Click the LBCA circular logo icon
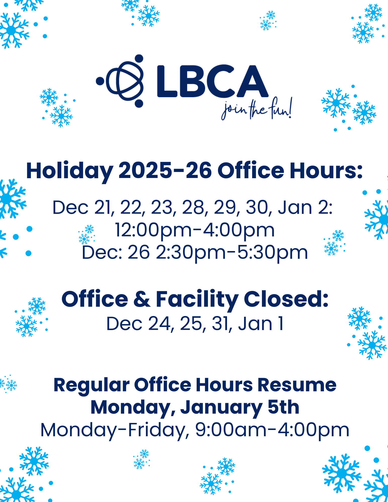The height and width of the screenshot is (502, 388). [x=120, y=81]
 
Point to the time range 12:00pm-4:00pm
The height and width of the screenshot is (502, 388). [x=195, y=230]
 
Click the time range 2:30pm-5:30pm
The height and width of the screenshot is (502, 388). [x=232, y=253]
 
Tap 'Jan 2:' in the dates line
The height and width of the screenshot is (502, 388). [x=305, y=208]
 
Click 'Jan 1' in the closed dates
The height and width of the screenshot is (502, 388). [x=261, y=324]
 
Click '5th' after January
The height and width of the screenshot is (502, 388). [x=284, y=407]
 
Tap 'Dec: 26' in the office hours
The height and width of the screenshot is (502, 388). [x=116, y=252]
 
